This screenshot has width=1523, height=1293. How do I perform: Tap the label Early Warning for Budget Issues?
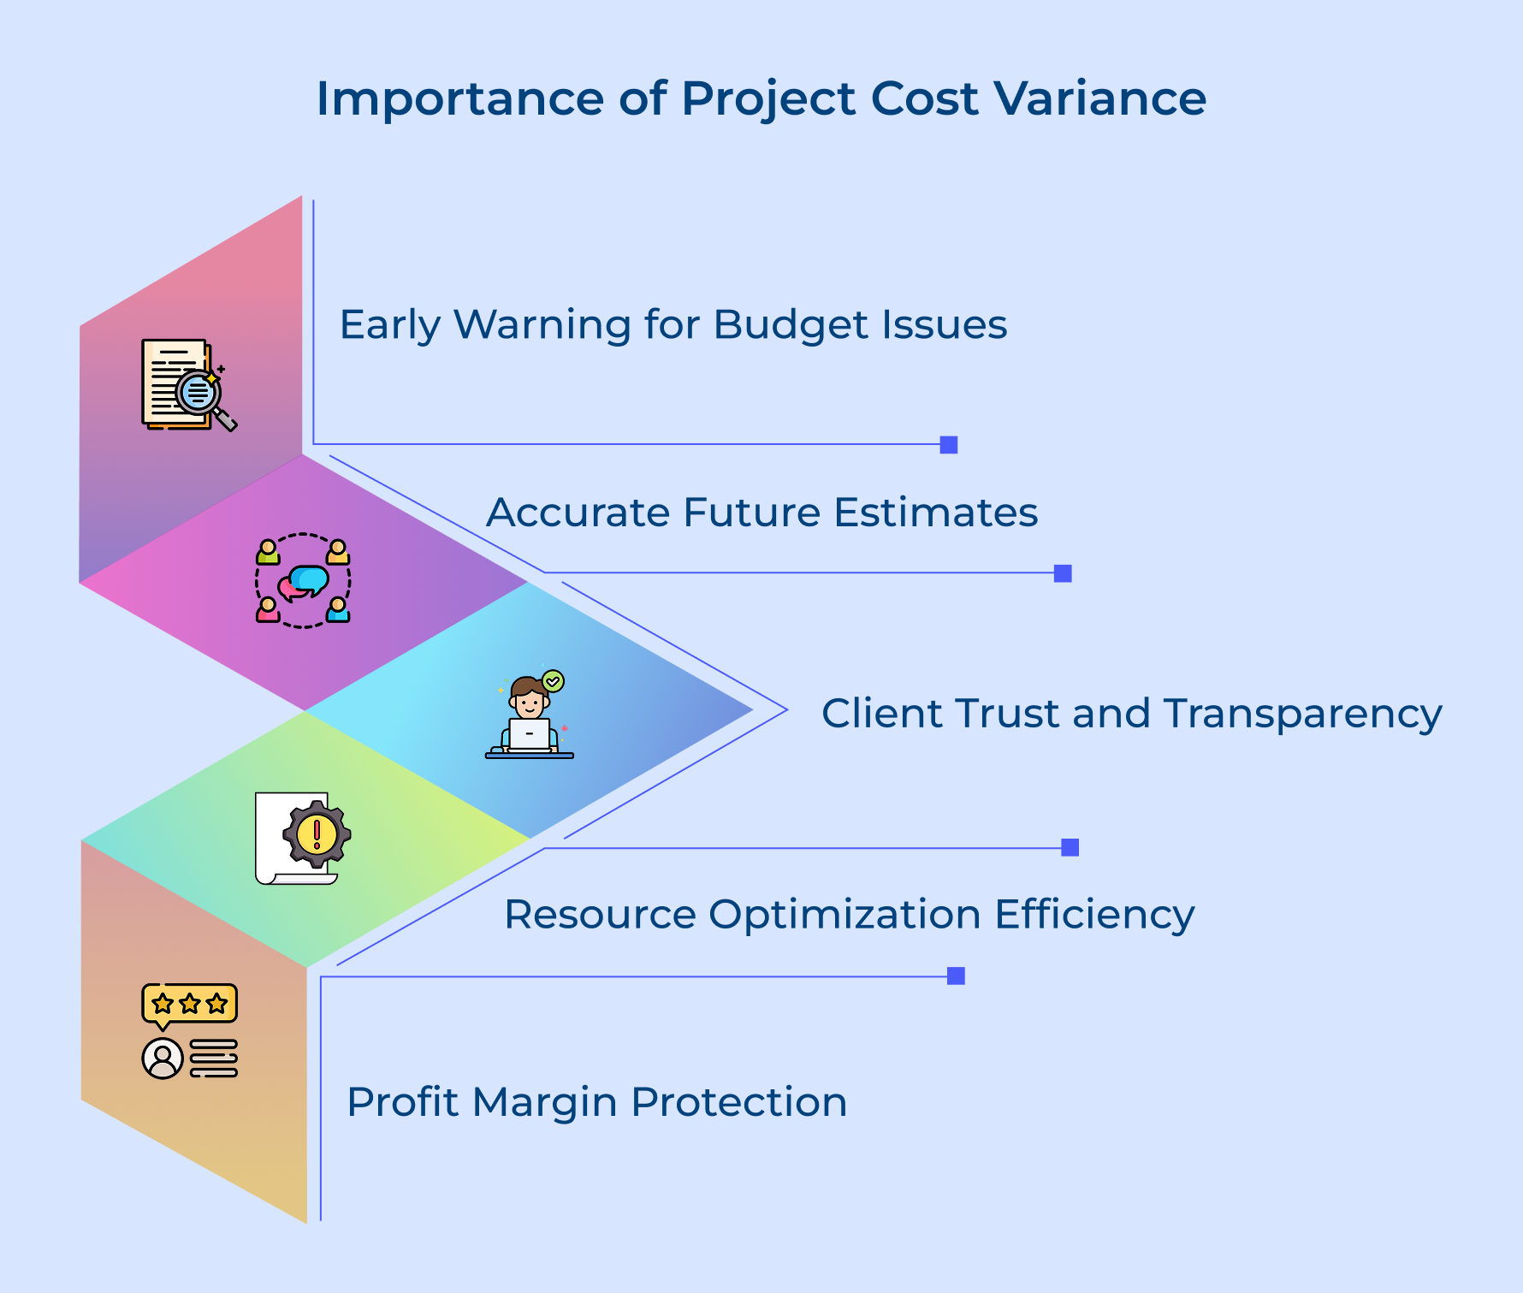[x=673, y=325]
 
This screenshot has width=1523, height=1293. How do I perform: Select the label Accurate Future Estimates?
[x=761, y=513]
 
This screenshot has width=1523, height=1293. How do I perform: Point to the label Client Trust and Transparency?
[x=1131, y=714]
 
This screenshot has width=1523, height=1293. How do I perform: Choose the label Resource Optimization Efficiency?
[x=849, y=914]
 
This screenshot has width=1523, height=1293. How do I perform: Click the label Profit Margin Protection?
[x=596, y=1102]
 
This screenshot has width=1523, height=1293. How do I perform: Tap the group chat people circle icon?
[x=303, y=581]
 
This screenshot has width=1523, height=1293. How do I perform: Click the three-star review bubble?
[x=189, y=1004]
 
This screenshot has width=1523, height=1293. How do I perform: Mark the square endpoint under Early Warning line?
[x=949, y=445]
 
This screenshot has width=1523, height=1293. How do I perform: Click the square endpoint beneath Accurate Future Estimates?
[x=1063, y=573]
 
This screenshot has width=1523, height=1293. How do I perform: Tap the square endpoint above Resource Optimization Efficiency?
[x=1070, y=847]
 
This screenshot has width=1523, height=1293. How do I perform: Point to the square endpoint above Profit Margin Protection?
[x=956, y=976]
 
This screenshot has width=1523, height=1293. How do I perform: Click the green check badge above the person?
[x=554, y=681]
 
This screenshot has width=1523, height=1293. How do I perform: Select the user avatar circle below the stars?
[x=163, y=1059]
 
